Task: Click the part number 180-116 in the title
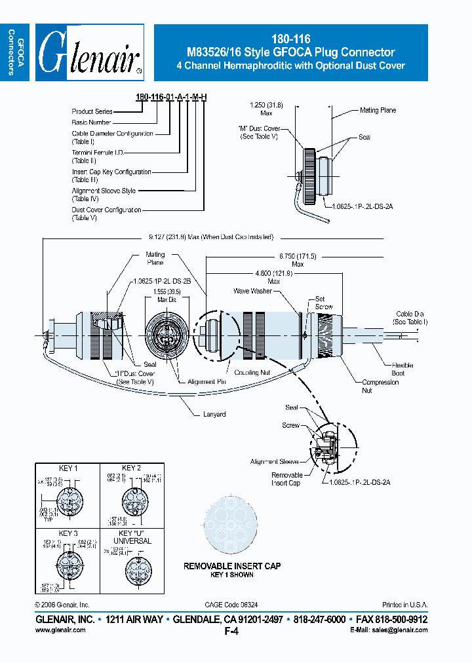tap(290, 39)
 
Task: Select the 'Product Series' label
tap(92, 112)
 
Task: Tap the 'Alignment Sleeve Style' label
tap(104, 191)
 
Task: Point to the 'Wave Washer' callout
tap(252, 290)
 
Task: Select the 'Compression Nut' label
tap(380, 386)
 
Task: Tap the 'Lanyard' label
tap(214, 414)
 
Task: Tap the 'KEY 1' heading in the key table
tap(68, 468)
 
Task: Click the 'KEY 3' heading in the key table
tap(68, 533)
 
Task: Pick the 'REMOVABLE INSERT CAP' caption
tap(232, 565)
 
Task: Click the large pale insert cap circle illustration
tap(231, 524)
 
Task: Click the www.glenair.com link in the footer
tap(60, 630)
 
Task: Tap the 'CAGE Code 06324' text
tap(231, 605)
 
